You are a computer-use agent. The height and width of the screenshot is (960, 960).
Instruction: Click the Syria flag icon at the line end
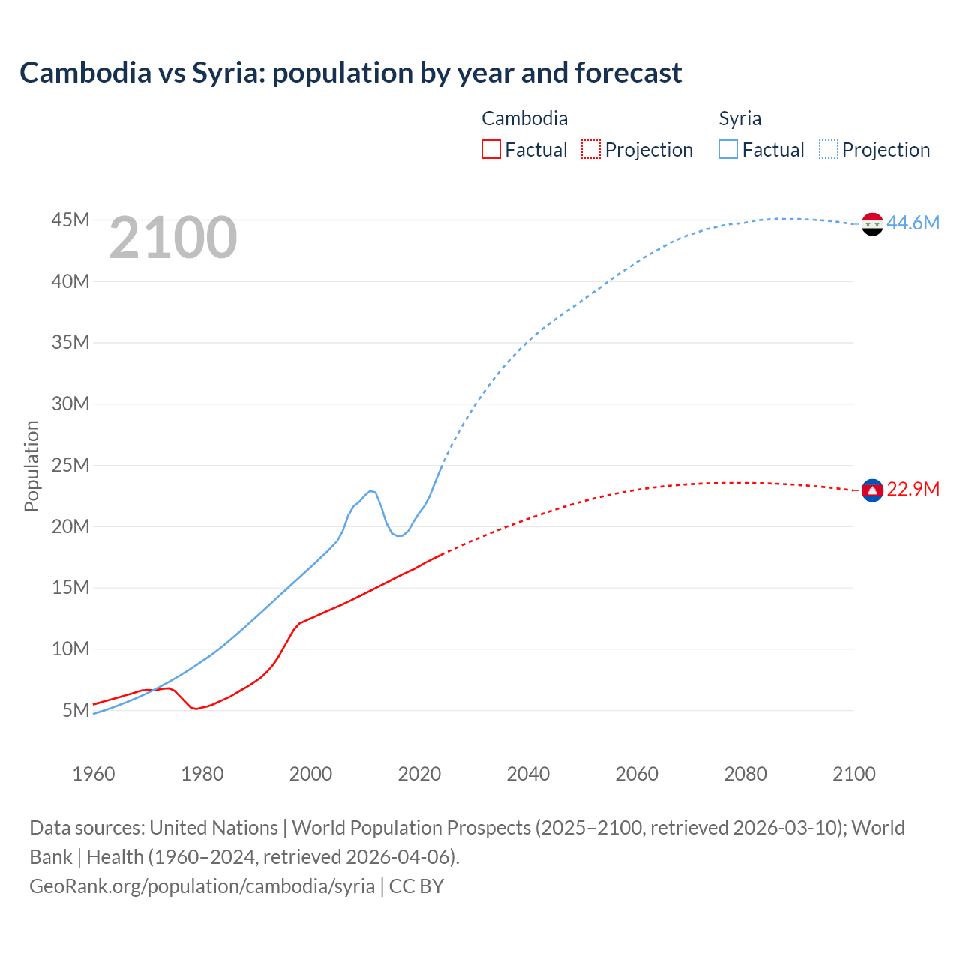tap(872, 223)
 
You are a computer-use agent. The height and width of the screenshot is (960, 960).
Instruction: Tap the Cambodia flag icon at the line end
tap(872, 490)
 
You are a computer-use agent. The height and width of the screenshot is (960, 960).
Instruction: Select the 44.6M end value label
tap(913, 223)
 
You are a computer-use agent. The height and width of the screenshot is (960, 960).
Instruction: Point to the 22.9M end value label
tap(913, 490)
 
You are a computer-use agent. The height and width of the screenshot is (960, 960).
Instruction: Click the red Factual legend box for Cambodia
tap(490, 150)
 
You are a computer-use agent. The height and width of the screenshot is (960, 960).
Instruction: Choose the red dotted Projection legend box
tap(591, 150)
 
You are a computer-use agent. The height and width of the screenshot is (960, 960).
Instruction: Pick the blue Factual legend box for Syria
tap(728, 150)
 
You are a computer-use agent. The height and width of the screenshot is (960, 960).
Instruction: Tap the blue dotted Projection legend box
tap(829, 150)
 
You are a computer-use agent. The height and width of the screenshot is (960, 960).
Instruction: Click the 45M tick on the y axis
tap(70, 220)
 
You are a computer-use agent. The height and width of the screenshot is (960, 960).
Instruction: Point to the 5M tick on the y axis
tap(76, 710)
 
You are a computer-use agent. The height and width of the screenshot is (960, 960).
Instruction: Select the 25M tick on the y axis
tap(70, 465)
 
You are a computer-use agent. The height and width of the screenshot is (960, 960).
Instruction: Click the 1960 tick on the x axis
tap(94, 774)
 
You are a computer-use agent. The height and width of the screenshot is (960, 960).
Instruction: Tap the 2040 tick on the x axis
tap(528, 774)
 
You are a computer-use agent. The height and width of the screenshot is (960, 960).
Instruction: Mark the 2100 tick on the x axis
tap(853, 774)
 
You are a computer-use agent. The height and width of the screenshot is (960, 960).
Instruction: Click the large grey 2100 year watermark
tap(173, 238)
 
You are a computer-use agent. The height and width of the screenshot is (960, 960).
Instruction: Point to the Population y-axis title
tap(31, 466)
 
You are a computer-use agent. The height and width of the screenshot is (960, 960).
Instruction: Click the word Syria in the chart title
tap(223, 73)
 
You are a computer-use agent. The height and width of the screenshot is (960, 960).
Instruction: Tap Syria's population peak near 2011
tap(370, 491)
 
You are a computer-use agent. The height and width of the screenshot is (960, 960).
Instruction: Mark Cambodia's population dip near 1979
tap(196, 709)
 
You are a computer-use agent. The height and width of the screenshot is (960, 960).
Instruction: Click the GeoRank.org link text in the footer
tap(202, 886)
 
